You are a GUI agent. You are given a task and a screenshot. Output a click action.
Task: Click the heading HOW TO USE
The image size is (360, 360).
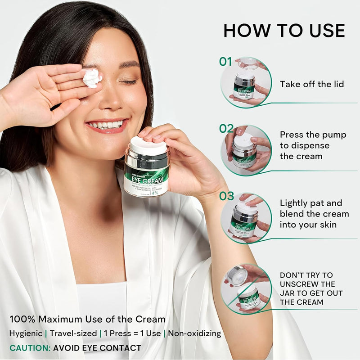pyautogui.click(x=284, y=30)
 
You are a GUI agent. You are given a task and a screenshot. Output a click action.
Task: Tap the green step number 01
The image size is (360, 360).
pyautogui.click(x=226, y=62)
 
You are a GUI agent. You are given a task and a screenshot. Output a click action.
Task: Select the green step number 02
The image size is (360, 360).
pyautogui.click(x=226, y=129)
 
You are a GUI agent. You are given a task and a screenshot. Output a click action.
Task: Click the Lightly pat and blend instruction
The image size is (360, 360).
pyautogui.click(x=314, y=213)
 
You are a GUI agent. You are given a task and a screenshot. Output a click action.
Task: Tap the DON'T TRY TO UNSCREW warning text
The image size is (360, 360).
pyautogui.click(x=311, y=288)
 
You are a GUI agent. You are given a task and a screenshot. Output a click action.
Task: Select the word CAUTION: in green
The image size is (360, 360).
pyautogui.click(x=29, y=348)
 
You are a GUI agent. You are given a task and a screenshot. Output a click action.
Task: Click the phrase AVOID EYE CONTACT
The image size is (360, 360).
pyautogui.click(x=97, y=348)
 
